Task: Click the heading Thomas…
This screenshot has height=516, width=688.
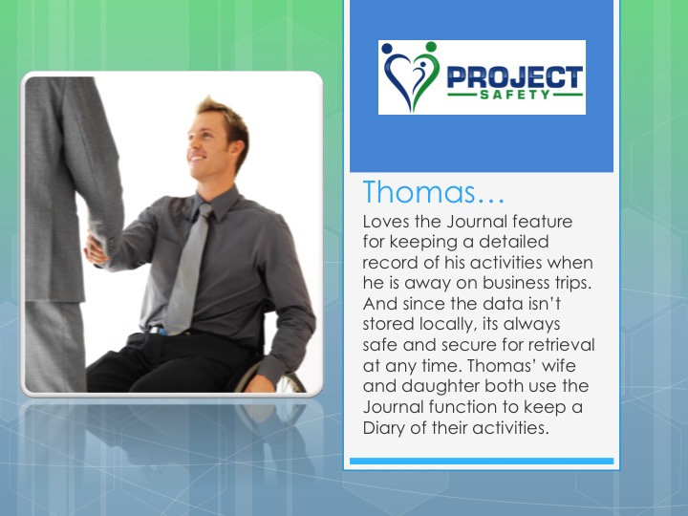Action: [x=434, y=192]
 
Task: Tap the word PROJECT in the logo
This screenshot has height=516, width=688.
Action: [x=515, y=76]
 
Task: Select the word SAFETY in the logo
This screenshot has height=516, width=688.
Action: [x=515, y=95]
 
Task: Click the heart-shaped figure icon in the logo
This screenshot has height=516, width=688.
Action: [x=411, y=75]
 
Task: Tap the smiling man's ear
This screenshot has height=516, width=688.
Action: [x=236, y=151]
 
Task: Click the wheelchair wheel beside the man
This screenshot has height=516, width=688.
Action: [x=273, y=378]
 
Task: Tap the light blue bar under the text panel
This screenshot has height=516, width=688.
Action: [x=482, y=462]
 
